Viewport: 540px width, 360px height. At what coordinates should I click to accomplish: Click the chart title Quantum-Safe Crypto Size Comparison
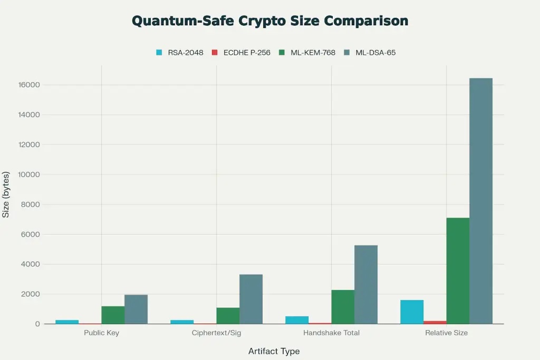pos(269,21)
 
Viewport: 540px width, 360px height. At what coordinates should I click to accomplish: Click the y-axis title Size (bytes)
pos(6,194)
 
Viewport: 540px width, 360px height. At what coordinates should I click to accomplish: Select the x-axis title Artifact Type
pos(274,351)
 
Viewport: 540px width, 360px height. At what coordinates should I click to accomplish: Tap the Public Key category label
pos(101,333)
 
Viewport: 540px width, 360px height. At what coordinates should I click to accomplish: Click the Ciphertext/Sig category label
pos(216,333)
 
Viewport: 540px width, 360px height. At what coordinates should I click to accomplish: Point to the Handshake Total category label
pos(331,333)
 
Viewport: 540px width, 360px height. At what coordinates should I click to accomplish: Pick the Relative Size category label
pos(446,333)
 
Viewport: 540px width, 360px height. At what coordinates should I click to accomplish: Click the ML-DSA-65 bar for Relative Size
pos(480,201)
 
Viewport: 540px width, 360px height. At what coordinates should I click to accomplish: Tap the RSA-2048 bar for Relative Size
pos(412,312)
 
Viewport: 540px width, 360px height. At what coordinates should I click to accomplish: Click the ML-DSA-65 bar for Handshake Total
pos(365,285)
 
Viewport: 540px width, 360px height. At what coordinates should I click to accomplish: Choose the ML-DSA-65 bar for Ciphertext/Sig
pos(251,299)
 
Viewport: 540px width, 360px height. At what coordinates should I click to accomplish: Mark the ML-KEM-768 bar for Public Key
pos(113,315)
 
